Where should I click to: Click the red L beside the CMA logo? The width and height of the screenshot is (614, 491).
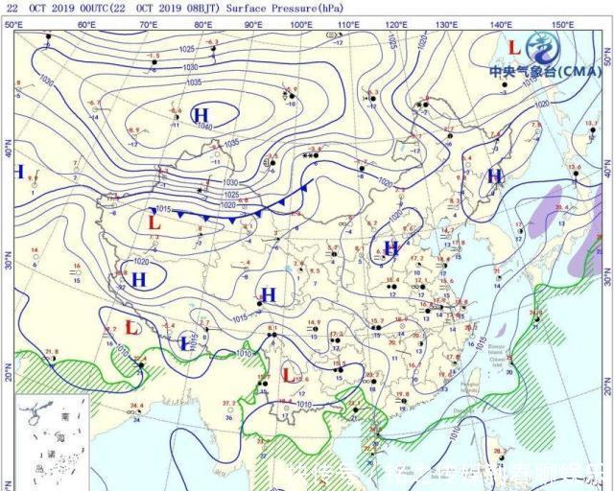[514, 46]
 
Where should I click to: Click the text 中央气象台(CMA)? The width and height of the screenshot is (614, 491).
[545, 71]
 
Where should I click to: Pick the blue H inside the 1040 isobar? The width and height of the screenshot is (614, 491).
[201, 116]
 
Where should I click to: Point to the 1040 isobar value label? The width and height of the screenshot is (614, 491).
[202, 127]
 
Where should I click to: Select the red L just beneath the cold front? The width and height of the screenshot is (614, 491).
[153, 222]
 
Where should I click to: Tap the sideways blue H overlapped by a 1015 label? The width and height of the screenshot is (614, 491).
[187, 342]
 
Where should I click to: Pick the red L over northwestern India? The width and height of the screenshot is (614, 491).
[132, 327]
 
